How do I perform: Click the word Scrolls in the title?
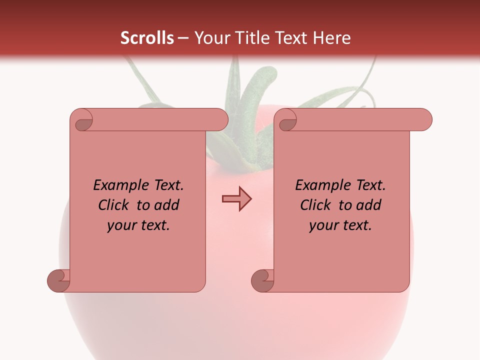147,38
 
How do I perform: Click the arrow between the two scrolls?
236,198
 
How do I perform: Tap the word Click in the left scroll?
115,205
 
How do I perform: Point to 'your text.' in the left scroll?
138,225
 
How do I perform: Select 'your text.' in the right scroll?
340,225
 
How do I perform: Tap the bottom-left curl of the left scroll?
58,280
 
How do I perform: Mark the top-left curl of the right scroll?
286,120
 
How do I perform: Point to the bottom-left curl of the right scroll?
262,280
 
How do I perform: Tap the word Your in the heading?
209,38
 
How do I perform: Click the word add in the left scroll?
167,205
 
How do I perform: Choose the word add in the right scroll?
369,205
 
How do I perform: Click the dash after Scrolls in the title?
183,38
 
